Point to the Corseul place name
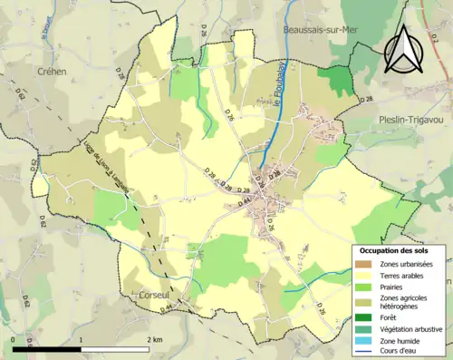click(154, 296)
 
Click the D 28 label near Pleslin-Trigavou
click(365, 98)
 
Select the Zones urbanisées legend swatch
click(362, 263)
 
